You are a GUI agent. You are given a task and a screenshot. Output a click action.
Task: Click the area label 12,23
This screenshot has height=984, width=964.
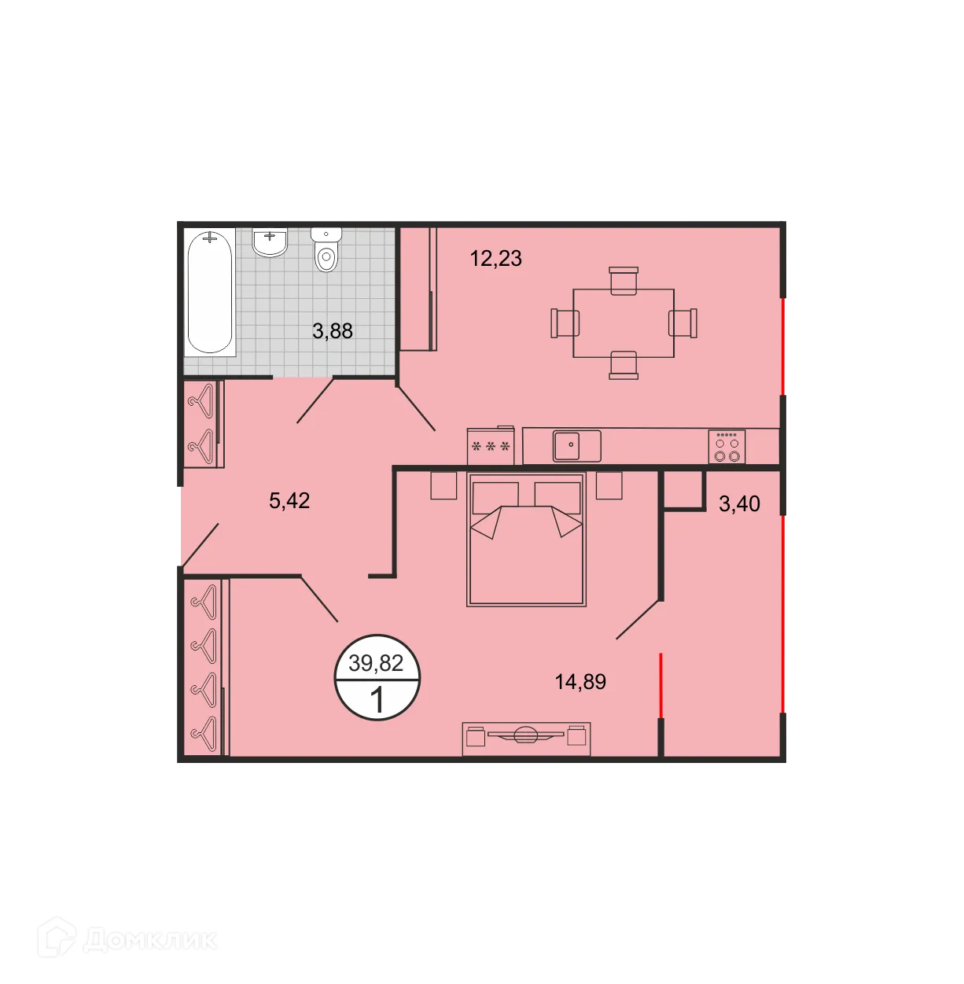pyautogui.click(x=495, y=258)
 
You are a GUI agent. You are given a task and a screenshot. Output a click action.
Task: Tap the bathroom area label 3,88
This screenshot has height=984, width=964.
pyautogui.click(x=332, y=331)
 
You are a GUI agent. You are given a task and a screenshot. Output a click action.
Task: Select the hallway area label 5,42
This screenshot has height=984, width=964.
pyautogui.click(x=289, y=500)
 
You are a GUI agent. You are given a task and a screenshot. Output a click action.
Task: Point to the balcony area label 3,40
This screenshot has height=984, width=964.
pyautogui.click(x=739, y=503)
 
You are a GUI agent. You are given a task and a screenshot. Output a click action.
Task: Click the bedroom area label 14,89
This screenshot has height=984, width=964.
pyautogui.click(x=580, y=682)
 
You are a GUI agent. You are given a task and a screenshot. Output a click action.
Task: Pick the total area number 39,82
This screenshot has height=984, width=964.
pyautogui.click(x=376, y=663)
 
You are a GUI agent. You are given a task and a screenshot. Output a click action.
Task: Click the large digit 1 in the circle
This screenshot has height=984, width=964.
pyautogui.click(x=377, y=699)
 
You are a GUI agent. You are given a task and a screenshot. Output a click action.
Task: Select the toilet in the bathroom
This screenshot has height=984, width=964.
pyautogui.click(x=326, y=249)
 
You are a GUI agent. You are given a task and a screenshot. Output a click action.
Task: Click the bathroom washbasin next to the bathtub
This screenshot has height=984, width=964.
pyautogui.click(x=270, y=242)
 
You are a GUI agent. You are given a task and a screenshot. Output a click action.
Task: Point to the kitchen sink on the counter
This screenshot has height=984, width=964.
pyautogui.click(x=576, y=445)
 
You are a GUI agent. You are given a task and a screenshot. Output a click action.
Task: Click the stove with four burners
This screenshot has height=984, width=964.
pyautogui.click(x=727, y=448)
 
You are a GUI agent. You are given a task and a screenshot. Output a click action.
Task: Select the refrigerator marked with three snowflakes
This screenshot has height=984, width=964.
pyautogui.click(x=491, y=448)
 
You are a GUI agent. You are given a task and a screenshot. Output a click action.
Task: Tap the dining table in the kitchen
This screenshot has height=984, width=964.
pyautogui.click(x=624, y=323)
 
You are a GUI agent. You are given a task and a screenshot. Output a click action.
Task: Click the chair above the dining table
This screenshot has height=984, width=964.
pyautogui.click(x=624, y=280)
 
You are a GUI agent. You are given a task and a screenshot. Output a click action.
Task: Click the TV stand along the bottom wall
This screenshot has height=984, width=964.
pyautogui.click(x=526, y=739)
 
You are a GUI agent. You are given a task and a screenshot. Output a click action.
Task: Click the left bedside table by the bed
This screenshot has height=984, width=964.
pyautogui.click(x=443, y=485)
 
